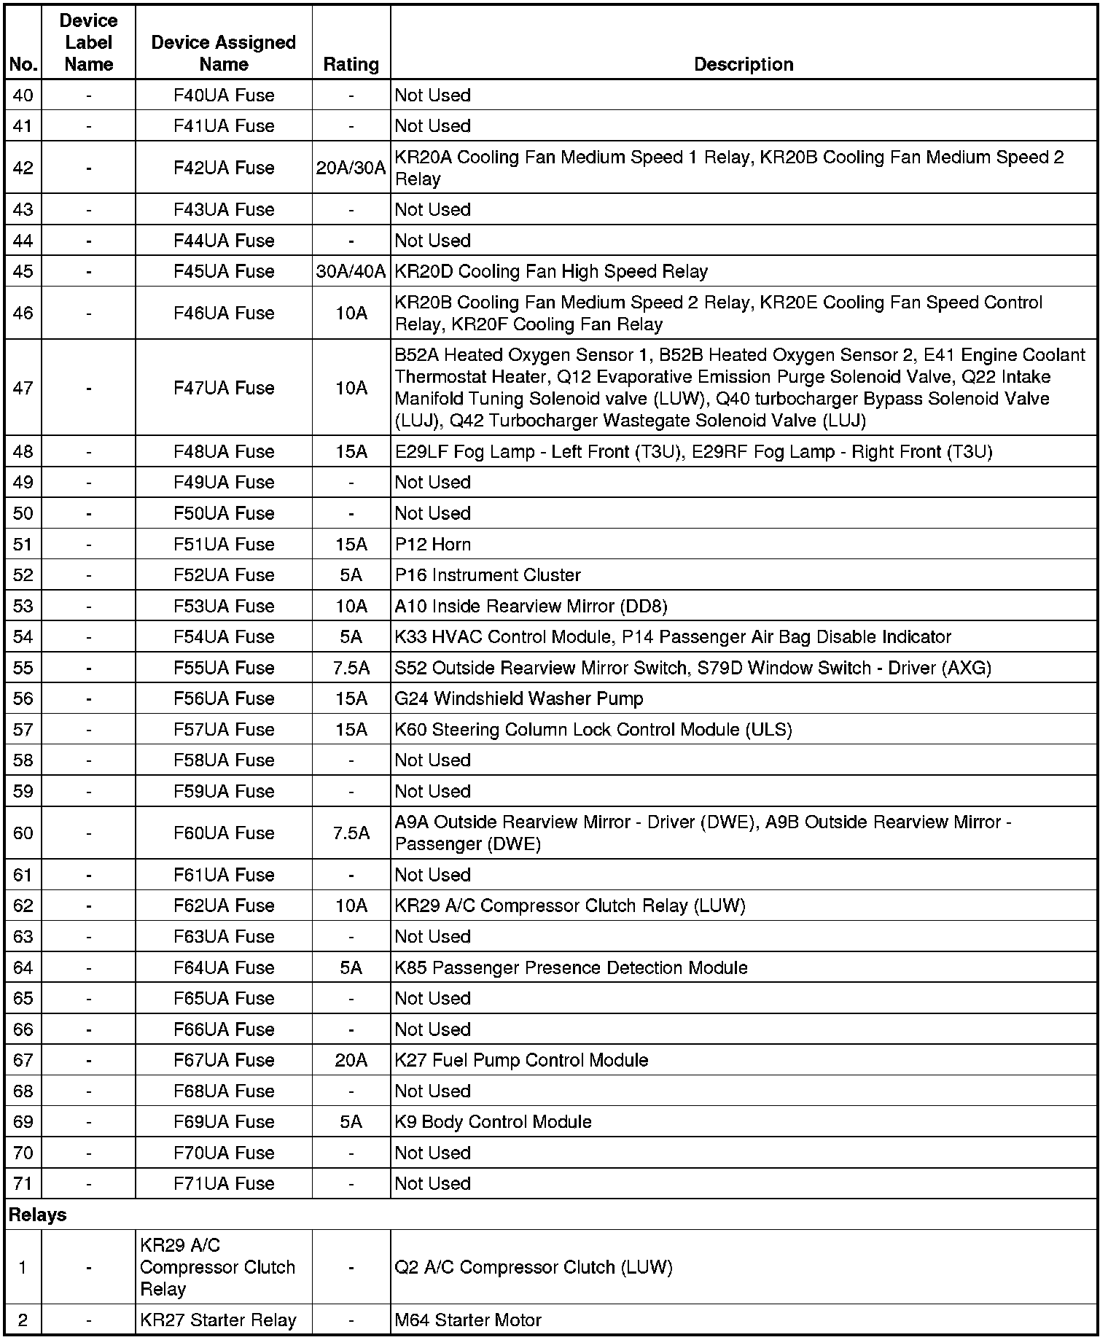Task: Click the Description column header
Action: click(x=743, y=64)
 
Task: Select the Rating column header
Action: click(x=351, y=64)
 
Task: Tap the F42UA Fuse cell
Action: click(x=224, y=168)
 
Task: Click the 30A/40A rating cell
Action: click(x=351, y=271)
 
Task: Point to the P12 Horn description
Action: click(x=433, y=544)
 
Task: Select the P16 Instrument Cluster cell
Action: click(x=488, y=574)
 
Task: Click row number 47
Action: click(x=23, y=388)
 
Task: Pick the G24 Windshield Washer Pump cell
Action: click(x=519, y=698)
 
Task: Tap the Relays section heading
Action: click(x=37, y=1215)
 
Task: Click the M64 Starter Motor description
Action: click(x=468, y=1320)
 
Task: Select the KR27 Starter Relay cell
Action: click(x=218, y=1320)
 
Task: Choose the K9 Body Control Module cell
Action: click(x=493, y=1121)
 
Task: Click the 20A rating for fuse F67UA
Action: click(x=351, y=1060)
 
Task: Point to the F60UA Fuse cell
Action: click(x=224, y=833)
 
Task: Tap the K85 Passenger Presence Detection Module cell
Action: click(x=571, y=967)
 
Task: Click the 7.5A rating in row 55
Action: click(x=351, y=668)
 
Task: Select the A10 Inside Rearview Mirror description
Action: click(x=531, y=606)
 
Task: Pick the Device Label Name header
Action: click(x=88, y=42)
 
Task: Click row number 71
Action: click(x=23, y=1183)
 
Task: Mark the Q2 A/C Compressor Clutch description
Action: click(x=534, y=1267)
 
